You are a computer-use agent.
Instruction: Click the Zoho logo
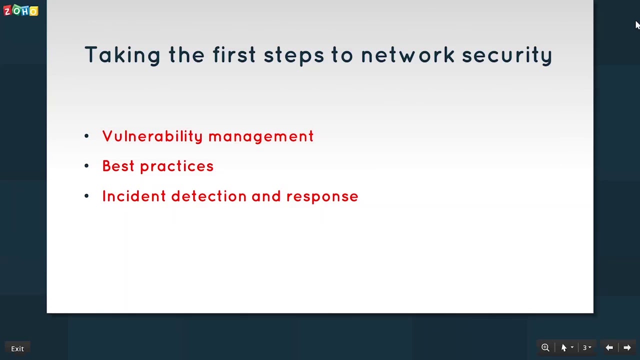tap(21, 10)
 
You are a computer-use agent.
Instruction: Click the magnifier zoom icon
tap(545, 347)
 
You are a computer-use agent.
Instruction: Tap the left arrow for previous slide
tap(609, 347)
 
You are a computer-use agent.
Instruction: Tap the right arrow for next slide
tap(627, 347)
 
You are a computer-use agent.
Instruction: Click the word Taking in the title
tap(122, 55)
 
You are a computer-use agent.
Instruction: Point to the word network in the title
tap(407, 55)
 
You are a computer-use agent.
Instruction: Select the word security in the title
tap(506, 55)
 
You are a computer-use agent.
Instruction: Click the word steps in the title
tap(293, 55)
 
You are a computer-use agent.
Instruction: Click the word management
tap(261, 136)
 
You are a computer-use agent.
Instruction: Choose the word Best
tap(118, 166)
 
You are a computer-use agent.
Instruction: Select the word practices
tap(176, 166)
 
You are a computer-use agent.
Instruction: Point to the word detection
tap(208, 196)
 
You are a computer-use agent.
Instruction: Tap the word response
tap(322, 196)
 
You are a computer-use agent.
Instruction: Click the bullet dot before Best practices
tap(86, 165)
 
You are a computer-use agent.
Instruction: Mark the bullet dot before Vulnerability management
tap(86, 135)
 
